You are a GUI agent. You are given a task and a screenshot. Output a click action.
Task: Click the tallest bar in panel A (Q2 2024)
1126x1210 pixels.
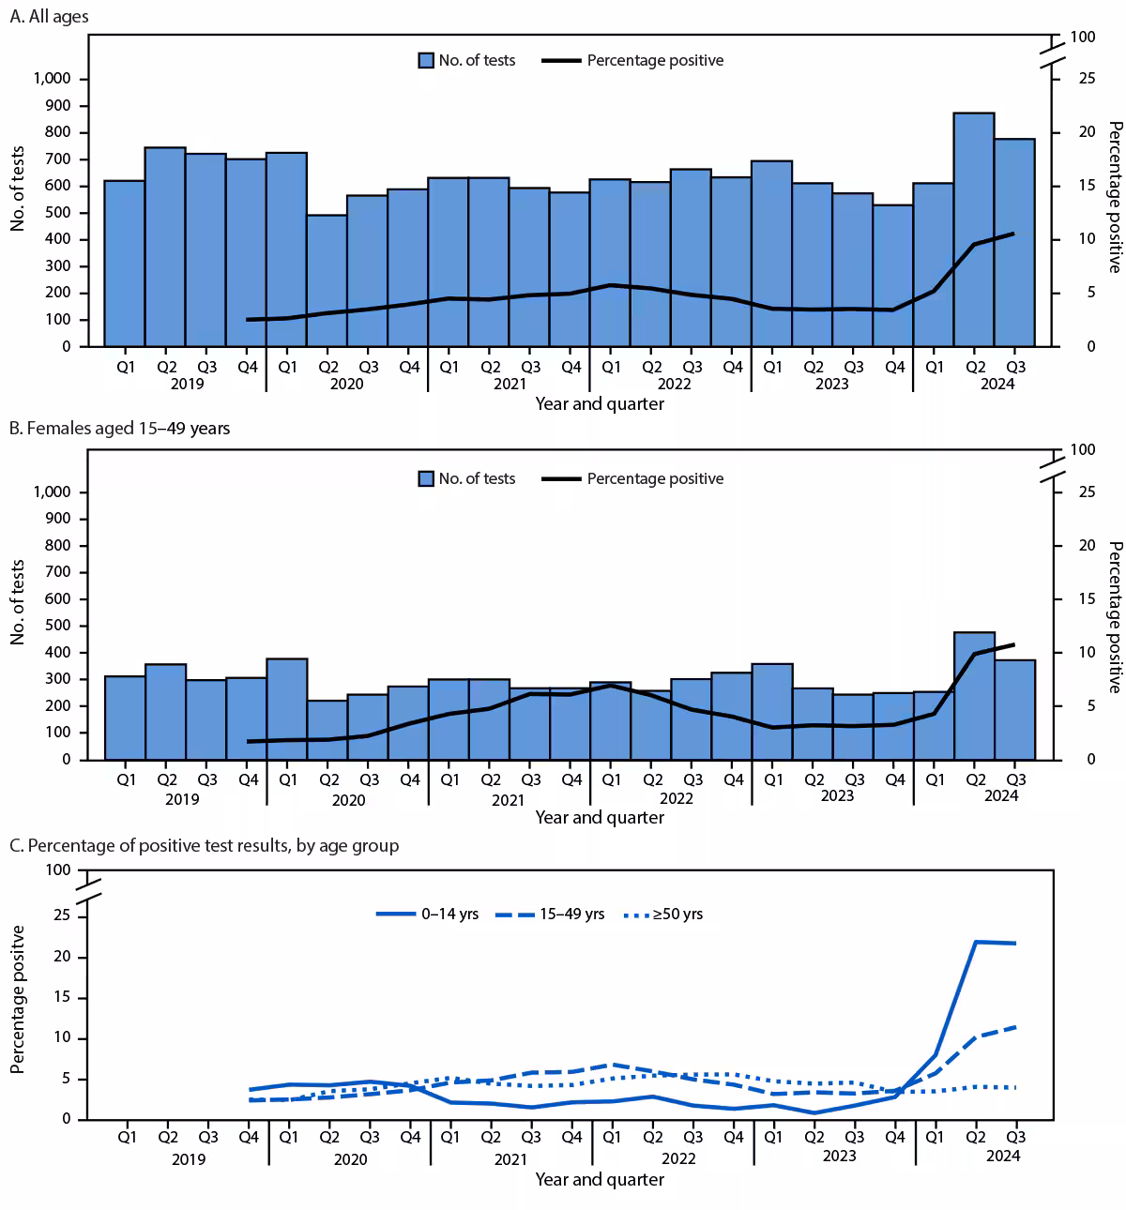click(974, 230)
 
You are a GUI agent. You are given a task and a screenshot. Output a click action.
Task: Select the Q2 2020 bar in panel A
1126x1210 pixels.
click(327, 280)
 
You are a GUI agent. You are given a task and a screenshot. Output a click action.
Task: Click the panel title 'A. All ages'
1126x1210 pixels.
click(49, 17)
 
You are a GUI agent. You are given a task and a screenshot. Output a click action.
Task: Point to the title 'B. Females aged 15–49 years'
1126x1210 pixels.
click(119, 429)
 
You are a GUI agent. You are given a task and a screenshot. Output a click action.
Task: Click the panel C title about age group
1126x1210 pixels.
click(204, 846)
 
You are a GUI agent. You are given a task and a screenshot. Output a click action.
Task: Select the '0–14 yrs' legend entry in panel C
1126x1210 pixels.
click(427, 914)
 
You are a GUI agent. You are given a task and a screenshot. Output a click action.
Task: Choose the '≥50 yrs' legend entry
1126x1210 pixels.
click(663, 914)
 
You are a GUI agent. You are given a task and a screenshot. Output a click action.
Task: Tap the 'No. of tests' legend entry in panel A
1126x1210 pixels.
click(466, 60)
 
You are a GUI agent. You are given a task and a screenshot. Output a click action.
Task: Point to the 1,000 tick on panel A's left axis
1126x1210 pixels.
click(53, 79)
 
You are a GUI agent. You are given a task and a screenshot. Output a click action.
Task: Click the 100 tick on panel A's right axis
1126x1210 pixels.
click(1082, 37)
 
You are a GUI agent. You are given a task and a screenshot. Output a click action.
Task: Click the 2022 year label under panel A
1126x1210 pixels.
click(674, 384)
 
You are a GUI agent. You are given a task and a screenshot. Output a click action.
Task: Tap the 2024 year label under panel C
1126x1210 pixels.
click(1002, 1157)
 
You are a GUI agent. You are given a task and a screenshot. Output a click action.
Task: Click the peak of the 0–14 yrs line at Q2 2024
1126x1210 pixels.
click(976, 942)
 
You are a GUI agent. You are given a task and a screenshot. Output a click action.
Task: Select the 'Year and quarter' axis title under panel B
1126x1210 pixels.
click(600, 817)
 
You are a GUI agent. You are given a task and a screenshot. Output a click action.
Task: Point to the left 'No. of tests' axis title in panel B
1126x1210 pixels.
click(18, 602)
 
